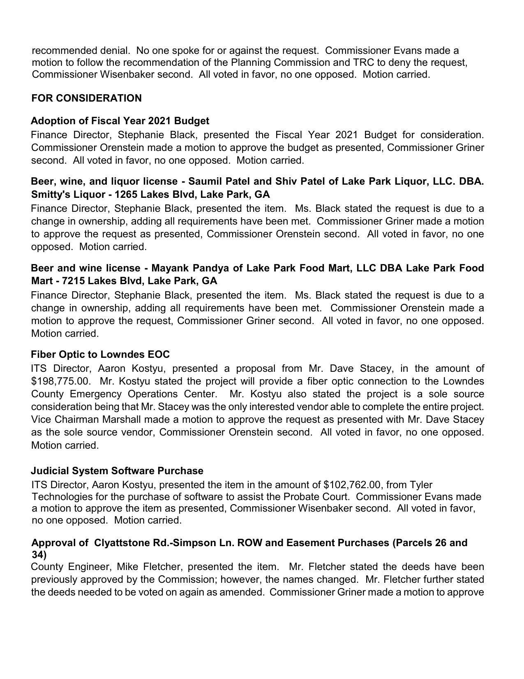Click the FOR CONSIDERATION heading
tap(86, 98)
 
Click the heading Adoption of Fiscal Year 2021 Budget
tap(120, 121)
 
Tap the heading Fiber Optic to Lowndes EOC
tap(100, 355)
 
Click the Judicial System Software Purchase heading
tap(117, 471)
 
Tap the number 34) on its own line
tap(39, 554)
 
